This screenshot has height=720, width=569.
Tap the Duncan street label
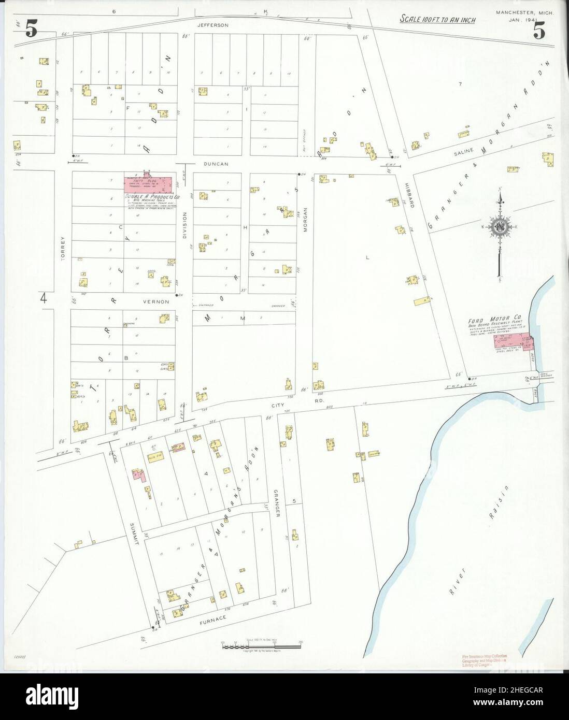(x=216, y=164)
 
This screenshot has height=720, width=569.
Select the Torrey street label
(x=63, y=248)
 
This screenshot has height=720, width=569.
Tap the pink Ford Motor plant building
(x=515, y=342)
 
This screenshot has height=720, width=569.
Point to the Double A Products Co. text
(x=151, y=197)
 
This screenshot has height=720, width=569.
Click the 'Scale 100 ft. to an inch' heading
(x=437, y=20)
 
